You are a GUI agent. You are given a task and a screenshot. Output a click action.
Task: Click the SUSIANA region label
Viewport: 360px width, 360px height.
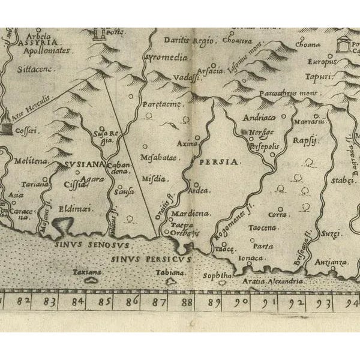click(80, 164)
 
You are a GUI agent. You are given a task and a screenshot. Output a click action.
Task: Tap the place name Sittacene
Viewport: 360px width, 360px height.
click(39, 70)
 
